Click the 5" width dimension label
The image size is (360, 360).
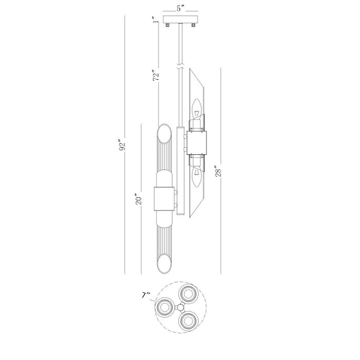point(181,8)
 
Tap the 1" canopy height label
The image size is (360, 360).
point(156,20)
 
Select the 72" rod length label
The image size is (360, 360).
point(156,75)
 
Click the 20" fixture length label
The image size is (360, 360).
point(139,199)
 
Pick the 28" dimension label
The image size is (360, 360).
point(218,171)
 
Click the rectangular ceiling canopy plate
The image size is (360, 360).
point(181,20)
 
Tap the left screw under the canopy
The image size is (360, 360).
point(168,25)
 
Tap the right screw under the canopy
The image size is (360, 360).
point(193,25)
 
